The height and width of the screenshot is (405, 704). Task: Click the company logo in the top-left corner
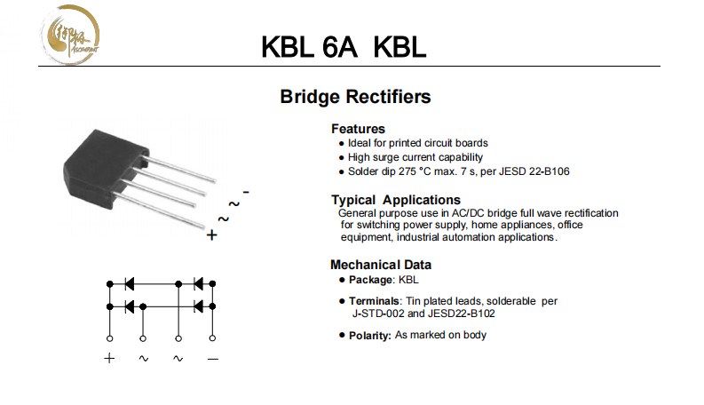[x=74, y=36]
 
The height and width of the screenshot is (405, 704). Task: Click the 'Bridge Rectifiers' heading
[x=355, y=96]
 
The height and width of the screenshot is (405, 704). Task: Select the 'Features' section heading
[x=358, y=129]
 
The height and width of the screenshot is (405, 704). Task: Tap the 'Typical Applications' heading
[x=395, y=200]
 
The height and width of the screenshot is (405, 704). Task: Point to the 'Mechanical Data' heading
[x=381, y=265]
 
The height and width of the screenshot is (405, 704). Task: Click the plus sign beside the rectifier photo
[x=211, y=235]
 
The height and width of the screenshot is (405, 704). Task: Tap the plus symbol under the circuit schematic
[x=109, y=358]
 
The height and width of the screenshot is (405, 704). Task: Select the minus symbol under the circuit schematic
[x=213, y=358]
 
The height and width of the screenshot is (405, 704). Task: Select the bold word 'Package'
[x=370, y=280]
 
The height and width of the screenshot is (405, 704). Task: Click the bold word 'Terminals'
[x=373, y=301]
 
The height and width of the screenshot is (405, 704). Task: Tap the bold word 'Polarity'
[x=368, y=336]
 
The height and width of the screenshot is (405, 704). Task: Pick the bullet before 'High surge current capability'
[x=342, y=157]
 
